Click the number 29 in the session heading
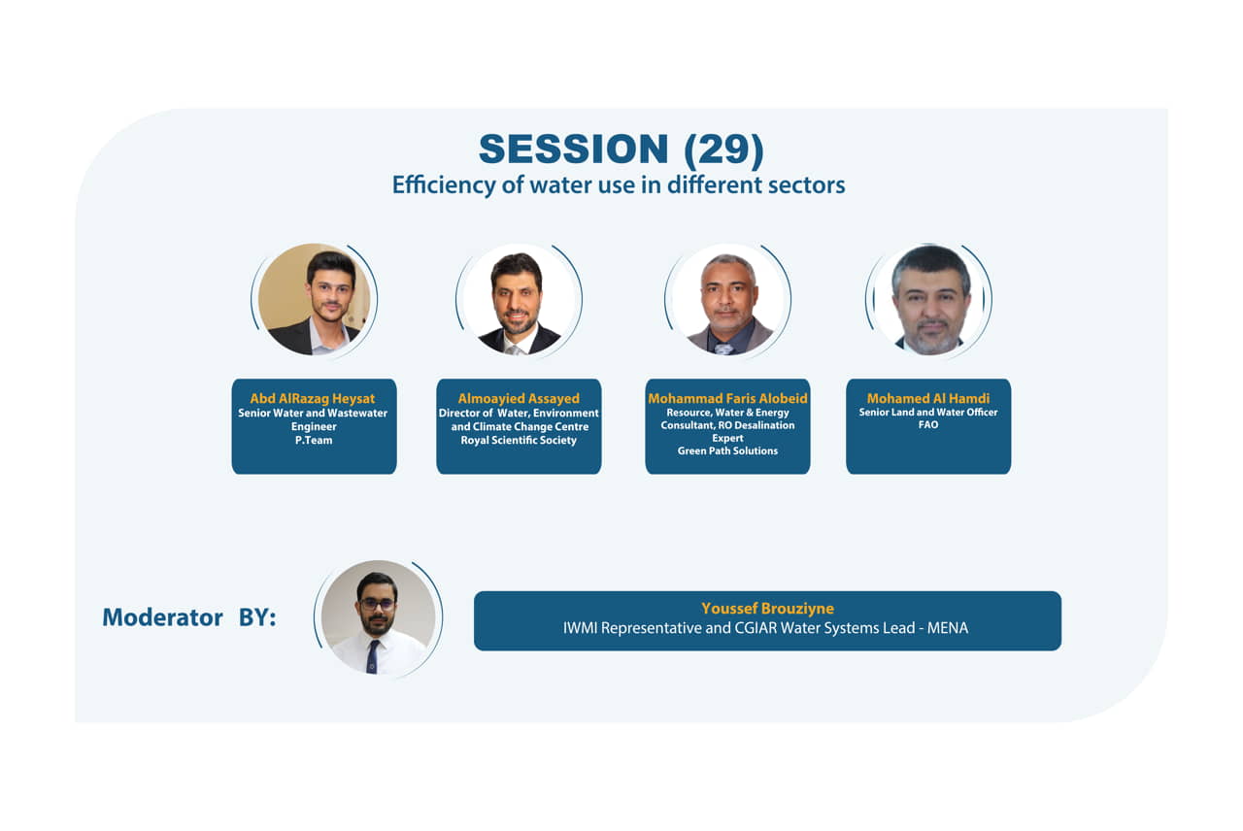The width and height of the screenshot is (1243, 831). point(723,149)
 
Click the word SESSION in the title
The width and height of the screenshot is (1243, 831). point(573,149)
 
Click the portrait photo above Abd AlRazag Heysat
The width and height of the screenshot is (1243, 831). point(314,300)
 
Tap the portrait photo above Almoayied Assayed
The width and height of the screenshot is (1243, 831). point(519,300)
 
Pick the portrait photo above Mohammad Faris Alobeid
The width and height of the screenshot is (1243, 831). point(727,300)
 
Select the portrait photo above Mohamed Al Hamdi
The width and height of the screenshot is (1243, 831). point(928,300)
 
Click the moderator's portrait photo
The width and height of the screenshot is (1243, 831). point(379,617)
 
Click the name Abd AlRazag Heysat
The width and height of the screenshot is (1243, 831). point(313,398)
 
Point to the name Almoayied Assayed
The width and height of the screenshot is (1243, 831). point(519,398)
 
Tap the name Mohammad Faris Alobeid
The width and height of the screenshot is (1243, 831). point(727,398)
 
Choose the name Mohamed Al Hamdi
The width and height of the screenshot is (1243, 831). point(928,398)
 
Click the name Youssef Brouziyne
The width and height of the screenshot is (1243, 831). point(767,609)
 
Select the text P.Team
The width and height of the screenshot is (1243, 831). point(314,440)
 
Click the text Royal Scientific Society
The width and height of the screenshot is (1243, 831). point(519,440)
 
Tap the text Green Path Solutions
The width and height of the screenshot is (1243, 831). point(727,451)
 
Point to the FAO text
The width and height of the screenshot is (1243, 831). point(928,425)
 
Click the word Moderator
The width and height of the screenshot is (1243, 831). point(162,617)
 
